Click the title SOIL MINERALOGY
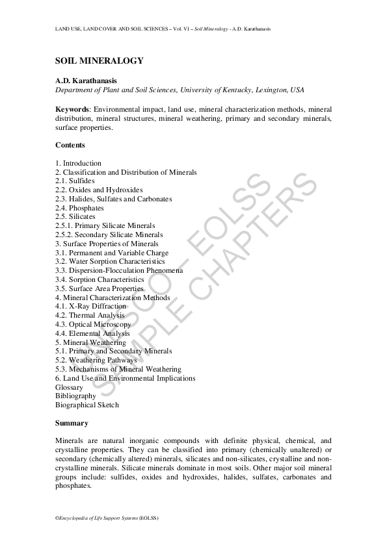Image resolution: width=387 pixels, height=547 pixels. click(x=99, y=61)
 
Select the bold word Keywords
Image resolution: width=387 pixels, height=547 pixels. click(x=72, y=109)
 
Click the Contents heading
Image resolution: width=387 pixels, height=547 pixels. click(x=70, y=145)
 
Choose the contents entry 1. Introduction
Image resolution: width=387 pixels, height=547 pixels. click(x=79, y=163)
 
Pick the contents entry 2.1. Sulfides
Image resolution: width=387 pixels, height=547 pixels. click(x=75, y=181)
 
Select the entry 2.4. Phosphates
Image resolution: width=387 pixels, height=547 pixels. click(x=79, y=208)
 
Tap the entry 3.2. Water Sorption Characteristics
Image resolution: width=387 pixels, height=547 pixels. click(x=110, y=261)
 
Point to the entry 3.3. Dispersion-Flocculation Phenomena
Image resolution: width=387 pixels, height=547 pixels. click(x=119, y=270)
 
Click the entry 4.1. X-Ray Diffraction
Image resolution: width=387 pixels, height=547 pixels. click(x=91, y=306)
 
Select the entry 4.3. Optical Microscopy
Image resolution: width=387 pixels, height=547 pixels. click(x=93, y=324)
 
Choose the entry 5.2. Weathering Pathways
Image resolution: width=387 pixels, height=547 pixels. click(x=96, y=360)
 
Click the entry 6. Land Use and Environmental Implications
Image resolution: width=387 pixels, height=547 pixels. click(x=125, y=378)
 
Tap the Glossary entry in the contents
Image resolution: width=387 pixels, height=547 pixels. click(x=69, y=387)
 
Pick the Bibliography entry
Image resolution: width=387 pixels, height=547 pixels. click(x=75, y=396)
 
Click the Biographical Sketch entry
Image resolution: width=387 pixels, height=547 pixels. click(x=87, y=405)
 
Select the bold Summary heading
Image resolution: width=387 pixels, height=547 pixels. click(x=72, y=424)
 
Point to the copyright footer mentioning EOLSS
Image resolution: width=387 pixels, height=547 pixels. click(x=107, y=518)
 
